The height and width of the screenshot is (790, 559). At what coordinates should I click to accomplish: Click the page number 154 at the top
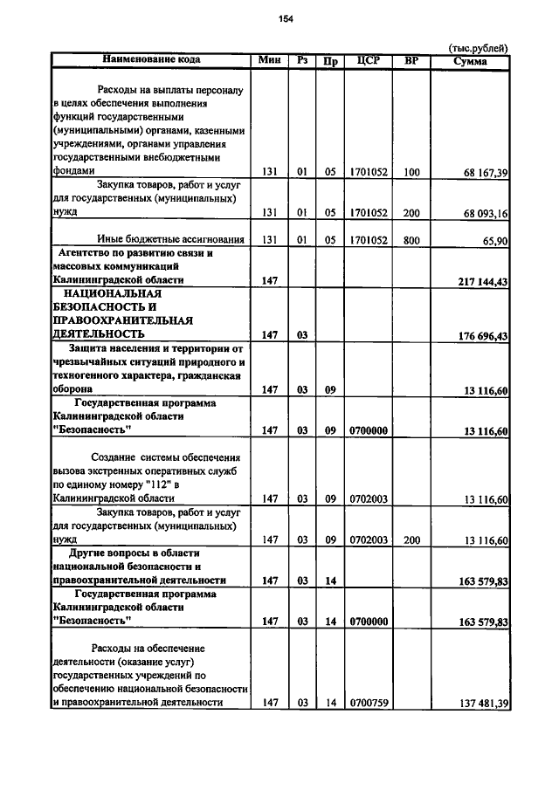click(x=285, y=19)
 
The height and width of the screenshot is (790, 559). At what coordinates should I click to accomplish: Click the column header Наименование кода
click(x=151, y=60)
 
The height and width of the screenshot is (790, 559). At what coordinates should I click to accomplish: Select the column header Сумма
click(x=470, y=61)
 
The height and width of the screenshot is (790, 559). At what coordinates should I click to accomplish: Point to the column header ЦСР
click(x=367, y=61)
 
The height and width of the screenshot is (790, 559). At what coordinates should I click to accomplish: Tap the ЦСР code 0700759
click(x=368, y=703)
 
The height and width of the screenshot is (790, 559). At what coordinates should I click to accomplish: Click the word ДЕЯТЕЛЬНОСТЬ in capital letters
click(x=99, y=334)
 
